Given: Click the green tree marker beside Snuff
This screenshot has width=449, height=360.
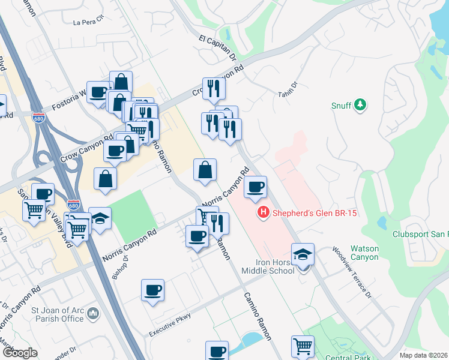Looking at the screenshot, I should tap(360, 106).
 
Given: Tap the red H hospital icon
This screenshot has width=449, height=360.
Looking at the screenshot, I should tap(262, 213).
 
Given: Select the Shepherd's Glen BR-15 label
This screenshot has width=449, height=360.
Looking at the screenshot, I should tap(307, 213).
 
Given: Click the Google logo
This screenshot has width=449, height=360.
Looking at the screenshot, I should tap(19, 353).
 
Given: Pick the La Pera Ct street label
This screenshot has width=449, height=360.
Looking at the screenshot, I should tap(88, 23).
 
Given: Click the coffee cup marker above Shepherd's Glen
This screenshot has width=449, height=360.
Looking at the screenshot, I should tap(256, 187).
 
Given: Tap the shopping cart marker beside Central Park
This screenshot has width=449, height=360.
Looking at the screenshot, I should tap(303, 346).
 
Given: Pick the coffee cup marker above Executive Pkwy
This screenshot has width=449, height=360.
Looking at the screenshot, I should tap(152, 291).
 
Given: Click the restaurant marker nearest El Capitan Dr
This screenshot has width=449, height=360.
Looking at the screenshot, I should tap(214, 89).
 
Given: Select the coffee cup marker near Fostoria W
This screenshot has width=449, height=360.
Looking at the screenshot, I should tap(98, 92).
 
